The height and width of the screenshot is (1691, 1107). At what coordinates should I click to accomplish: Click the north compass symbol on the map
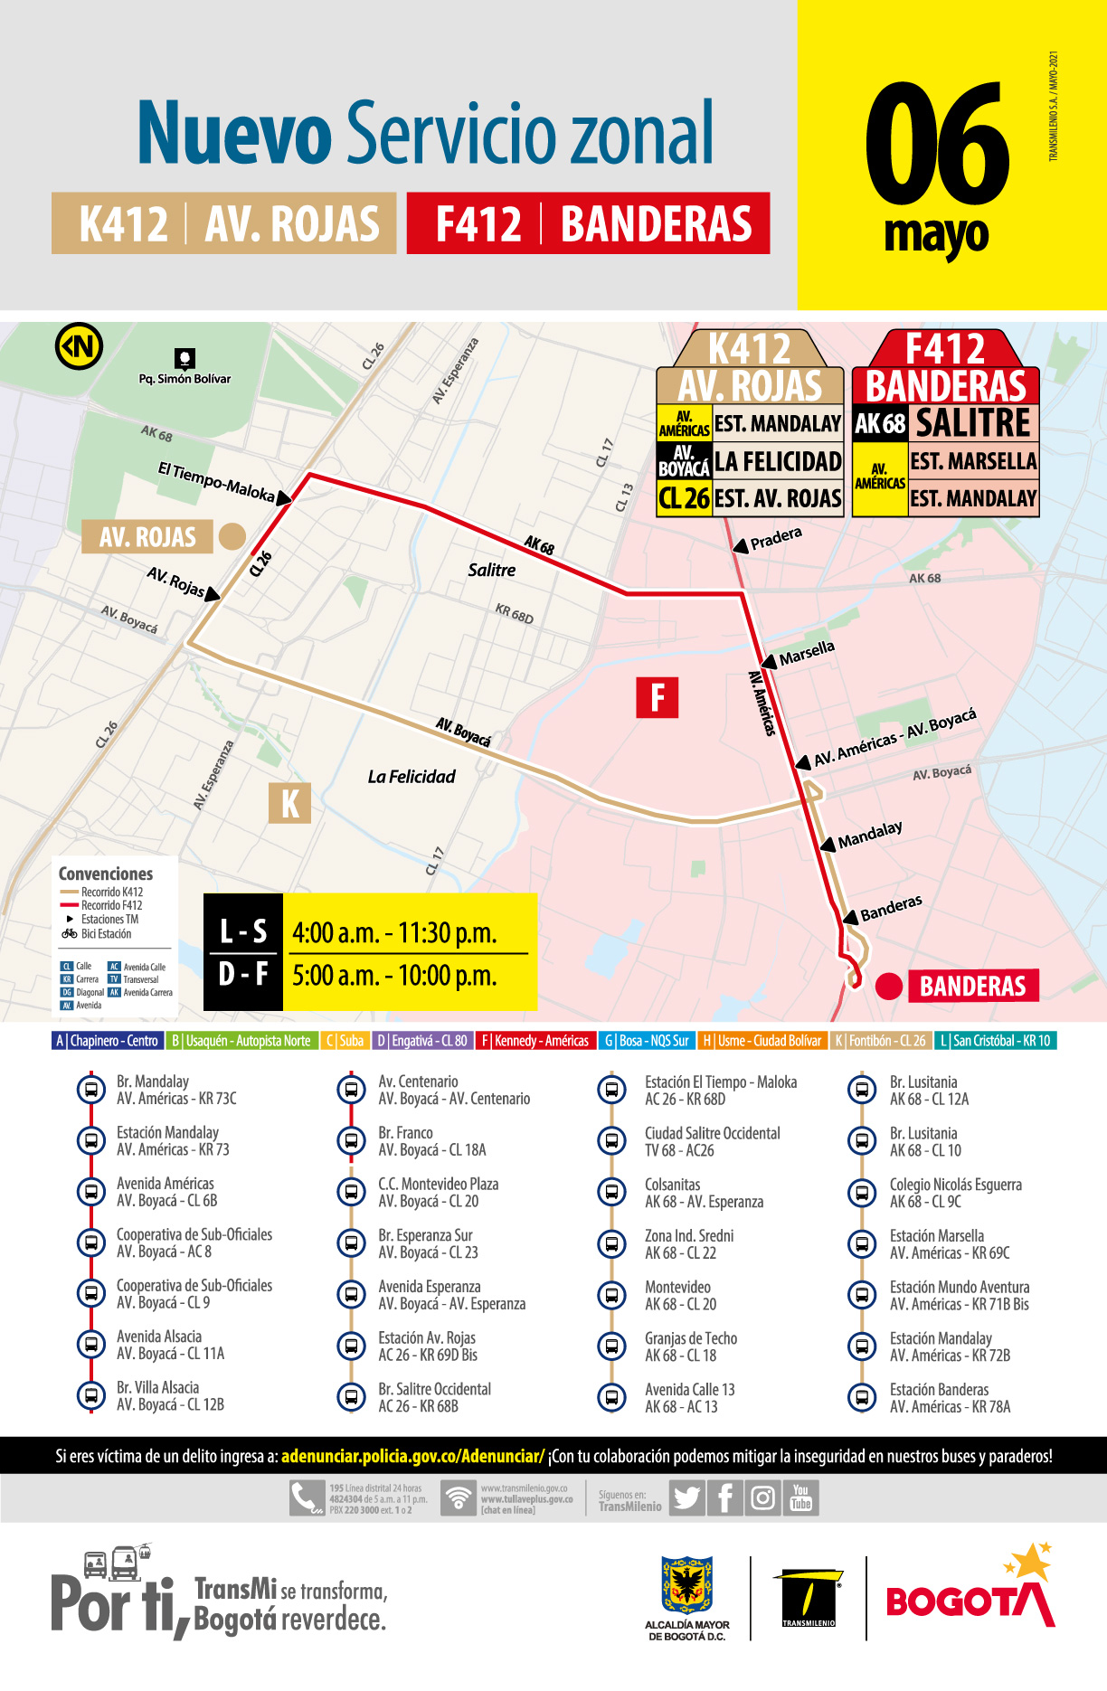click(x=79, y=345)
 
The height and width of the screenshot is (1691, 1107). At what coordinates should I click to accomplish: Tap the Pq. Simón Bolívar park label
click(x=184, y=379)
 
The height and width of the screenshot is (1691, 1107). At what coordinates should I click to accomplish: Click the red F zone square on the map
click(x=658, y=697)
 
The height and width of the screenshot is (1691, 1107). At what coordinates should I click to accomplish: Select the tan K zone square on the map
click(x=289, y=803)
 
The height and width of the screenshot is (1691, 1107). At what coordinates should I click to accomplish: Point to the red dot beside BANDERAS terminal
click(x=889, y=987)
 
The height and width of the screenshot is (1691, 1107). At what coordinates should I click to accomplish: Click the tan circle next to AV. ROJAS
click(x=232, y=536)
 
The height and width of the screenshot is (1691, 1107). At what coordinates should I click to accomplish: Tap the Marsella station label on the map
click(x=807, y=653)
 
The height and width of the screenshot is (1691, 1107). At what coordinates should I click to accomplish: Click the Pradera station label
click(x=776, y=539)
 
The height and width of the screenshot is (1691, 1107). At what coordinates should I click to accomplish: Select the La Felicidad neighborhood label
click(x=412, y=777)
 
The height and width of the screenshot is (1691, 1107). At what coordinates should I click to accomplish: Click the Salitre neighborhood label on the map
click(x=492, y=571)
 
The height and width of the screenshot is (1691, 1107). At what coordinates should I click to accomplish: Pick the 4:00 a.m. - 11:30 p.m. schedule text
click(x=394, y=933)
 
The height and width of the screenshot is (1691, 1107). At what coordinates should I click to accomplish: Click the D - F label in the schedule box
click(x=243, y=975)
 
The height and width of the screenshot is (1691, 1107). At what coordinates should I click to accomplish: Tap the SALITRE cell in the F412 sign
click(x=973, y=423)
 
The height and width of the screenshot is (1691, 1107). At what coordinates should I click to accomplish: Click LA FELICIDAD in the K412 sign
click(x=778, y=461)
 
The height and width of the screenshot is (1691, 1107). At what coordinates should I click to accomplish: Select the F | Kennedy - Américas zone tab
click(x=535, y=1041)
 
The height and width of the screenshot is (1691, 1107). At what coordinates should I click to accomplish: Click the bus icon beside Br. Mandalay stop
click(x=90, y=1090)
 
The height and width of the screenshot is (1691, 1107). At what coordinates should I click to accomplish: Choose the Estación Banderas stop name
click(x=939, y=1389)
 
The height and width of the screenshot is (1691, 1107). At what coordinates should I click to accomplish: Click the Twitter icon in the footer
click(x=686, y=1498)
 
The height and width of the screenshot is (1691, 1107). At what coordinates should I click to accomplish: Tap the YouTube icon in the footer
click(x=800, y=1497)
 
